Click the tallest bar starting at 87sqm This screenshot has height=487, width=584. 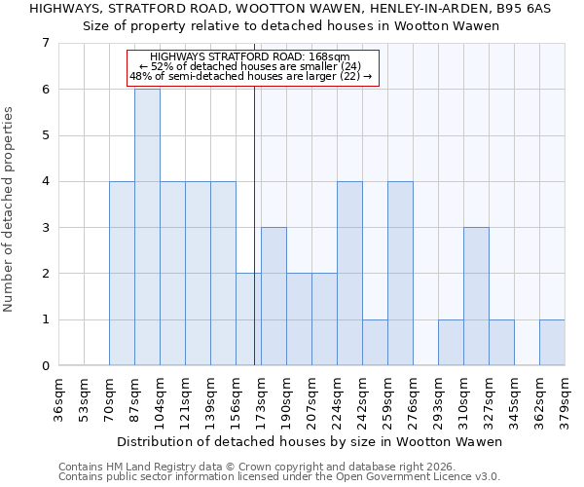[147, 227]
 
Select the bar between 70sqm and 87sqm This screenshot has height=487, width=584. [122, 273]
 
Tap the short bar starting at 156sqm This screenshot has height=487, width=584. [248, 319]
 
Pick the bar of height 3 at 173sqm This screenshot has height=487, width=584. [274, 296]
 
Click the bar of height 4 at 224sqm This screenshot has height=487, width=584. [349, 273]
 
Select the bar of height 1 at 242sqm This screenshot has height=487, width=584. [375, 342]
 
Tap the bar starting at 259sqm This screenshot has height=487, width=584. [400, 273]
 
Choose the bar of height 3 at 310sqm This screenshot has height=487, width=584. [476, 296]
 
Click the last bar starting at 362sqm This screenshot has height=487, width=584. [552, 342]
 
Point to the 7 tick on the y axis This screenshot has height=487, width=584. [45, 43]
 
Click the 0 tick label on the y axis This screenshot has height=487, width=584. [45, 366]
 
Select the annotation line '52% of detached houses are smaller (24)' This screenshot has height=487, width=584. [250, 67]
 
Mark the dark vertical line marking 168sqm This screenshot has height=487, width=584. [254, 224]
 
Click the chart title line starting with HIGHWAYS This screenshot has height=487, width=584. [291, 9]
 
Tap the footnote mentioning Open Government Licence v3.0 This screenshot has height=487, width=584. [278, 477]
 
